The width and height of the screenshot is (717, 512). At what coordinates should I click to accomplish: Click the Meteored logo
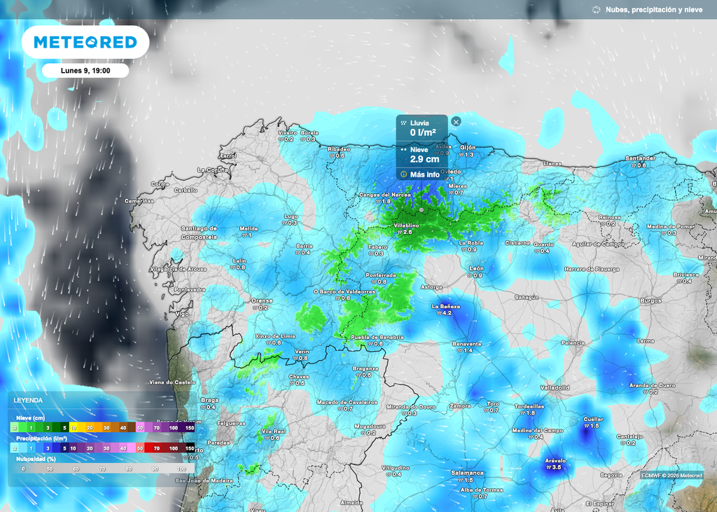coord(85,43)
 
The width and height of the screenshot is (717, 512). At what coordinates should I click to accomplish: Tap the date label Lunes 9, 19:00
coord(85,71)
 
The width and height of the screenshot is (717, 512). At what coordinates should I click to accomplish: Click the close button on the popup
coord(456,122)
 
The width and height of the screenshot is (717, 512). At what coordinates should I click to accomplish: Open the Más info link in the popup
coord(424,174)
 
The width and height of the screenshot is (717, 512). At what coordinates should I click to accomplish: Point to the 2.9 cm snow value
coord(424,160)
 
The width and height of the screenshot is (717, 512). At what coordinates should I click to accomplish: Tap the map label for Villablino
coord(406,226)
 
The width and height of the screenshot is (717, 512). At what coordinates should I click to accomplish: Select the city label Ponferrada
coord(380,275)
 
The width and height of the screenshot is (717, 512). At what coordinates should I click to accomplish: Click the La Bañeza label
coord(445,306)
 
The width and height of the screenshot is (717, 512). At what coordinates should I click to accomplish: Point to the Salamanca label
coord(467,473)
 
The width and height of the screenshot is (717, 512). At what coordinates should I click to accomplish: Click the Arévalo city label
coord(555,460)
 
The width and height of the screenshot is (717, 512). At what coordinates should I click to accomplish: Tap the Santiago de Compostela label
coord(199,233)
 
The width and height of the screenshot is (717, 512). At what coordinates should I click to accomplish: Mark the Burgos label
coord(650,300)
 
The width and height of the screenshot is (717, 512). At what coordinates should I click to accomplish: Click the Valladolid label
coord(555,387)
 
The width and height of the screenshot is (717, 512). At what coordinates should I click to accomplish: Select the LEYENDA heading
coord(28,400)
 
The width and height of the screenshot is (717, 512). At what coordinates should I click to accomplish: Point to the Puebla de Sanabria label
coord(377,337)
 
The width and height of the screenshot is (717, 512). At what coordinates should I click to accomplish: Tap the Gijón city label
coord(468,147)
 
